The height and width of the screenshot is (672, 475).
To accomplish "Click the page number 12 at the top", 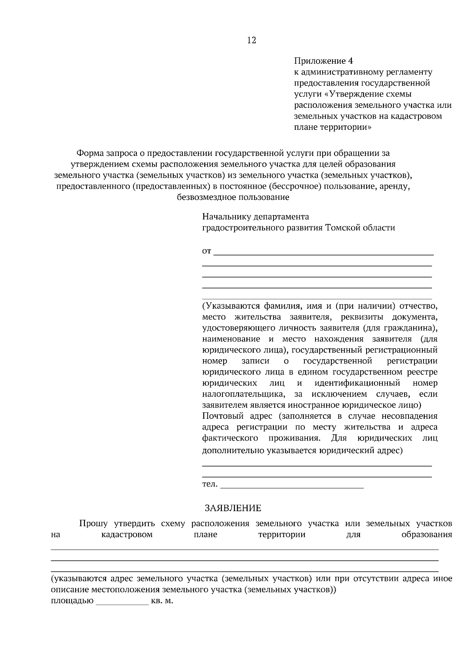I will pyautogui.click(x=251, y=40).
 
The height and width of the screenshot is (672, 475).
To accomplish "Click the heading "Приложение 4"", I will pyautogui.click(x=323, y=61).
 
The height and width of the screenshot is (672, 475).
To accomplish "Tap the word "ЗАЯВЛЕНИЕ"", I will pyautogui.click(x=233, y=508).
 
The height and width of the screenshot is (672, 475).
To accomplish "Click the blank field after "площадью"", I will pyautogui.click(x=122, y=602).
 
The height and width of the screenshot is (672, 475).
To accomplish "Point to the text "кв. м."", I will pyautogui.click(x=162, y=601).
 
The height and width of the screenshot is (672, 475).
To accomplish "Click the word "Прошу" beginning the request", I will pyautogui.click(x=93, y=524).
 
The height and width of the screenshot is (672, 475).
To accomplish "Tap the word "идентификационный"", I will pyautogui.click(x=357, y=383).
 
